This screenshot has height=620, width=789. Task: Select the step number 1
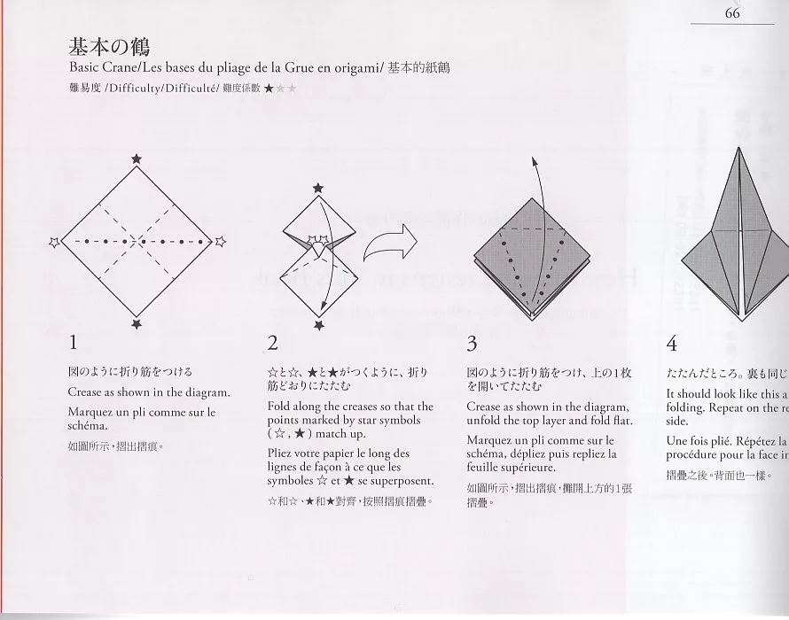coord(74,342)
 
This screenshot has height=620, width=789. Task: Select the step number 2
coord(273,342)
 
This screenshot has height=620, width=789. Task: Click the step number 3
coord(472,342)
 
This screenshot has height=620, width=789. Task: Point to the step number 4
coord(672,342)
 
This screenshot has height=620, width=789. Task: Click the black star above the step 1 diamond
coord(136,159)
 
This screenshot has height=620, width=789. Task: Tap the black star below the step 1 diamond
coord(136,325)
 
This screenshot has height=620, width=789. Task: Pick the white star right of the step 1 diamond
coord(220,241)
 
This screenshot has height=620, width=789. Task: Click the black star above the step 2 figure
coord(318,188)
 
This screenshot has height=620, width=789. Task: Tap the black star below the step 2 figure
coord(319,326)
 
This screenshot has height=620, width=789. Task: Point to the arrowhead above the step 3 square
coord(535,163)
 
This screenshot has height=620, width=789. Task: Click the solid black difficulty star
coord(269,89)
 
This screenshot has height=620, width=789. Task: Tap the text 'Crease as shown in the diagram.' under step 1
coord(149,391)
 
